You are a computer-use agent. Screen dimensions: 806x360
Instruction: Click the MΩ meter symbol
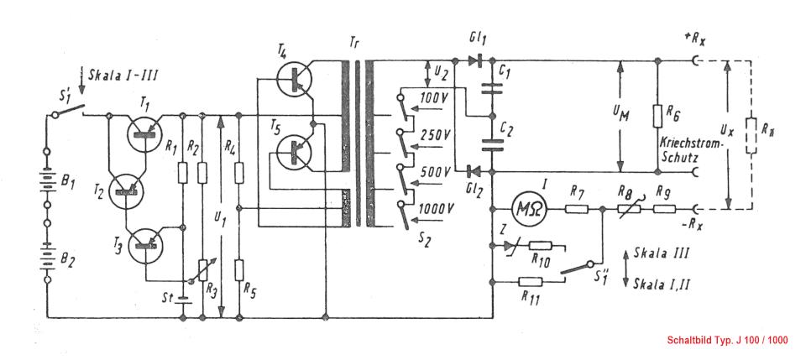[x=527, y=208]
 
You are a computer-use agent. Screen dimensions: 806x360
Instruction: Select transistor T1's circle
[x=144, y=133]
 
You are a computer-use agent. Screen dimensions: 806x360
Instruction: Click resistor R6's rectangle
[x=657, y=116]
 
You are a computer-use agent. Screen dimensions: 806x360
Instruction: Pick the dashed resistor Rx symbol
[x=750, y=135]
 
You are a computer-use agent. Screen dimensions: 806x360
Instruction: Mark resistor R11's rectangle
[x=531, y=281]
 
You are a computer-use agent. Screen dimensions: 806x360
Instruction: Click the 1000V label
[x=436, y=208]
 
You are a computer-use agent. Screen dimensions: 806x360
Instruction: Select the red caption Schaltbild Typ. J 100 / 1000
[x=727, y=340]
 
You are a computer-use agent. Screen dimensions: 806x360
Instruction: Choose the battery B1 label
[x=68, y=182]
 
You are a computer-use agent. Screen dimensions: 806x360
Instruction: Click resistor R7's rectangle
[x=576, y=209]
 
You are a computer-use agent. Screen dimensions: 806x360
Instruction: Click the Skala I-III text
[x=122, y=75]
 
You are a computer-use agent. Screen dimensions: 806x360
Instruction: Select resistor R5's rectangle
[x=239, y=269]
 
